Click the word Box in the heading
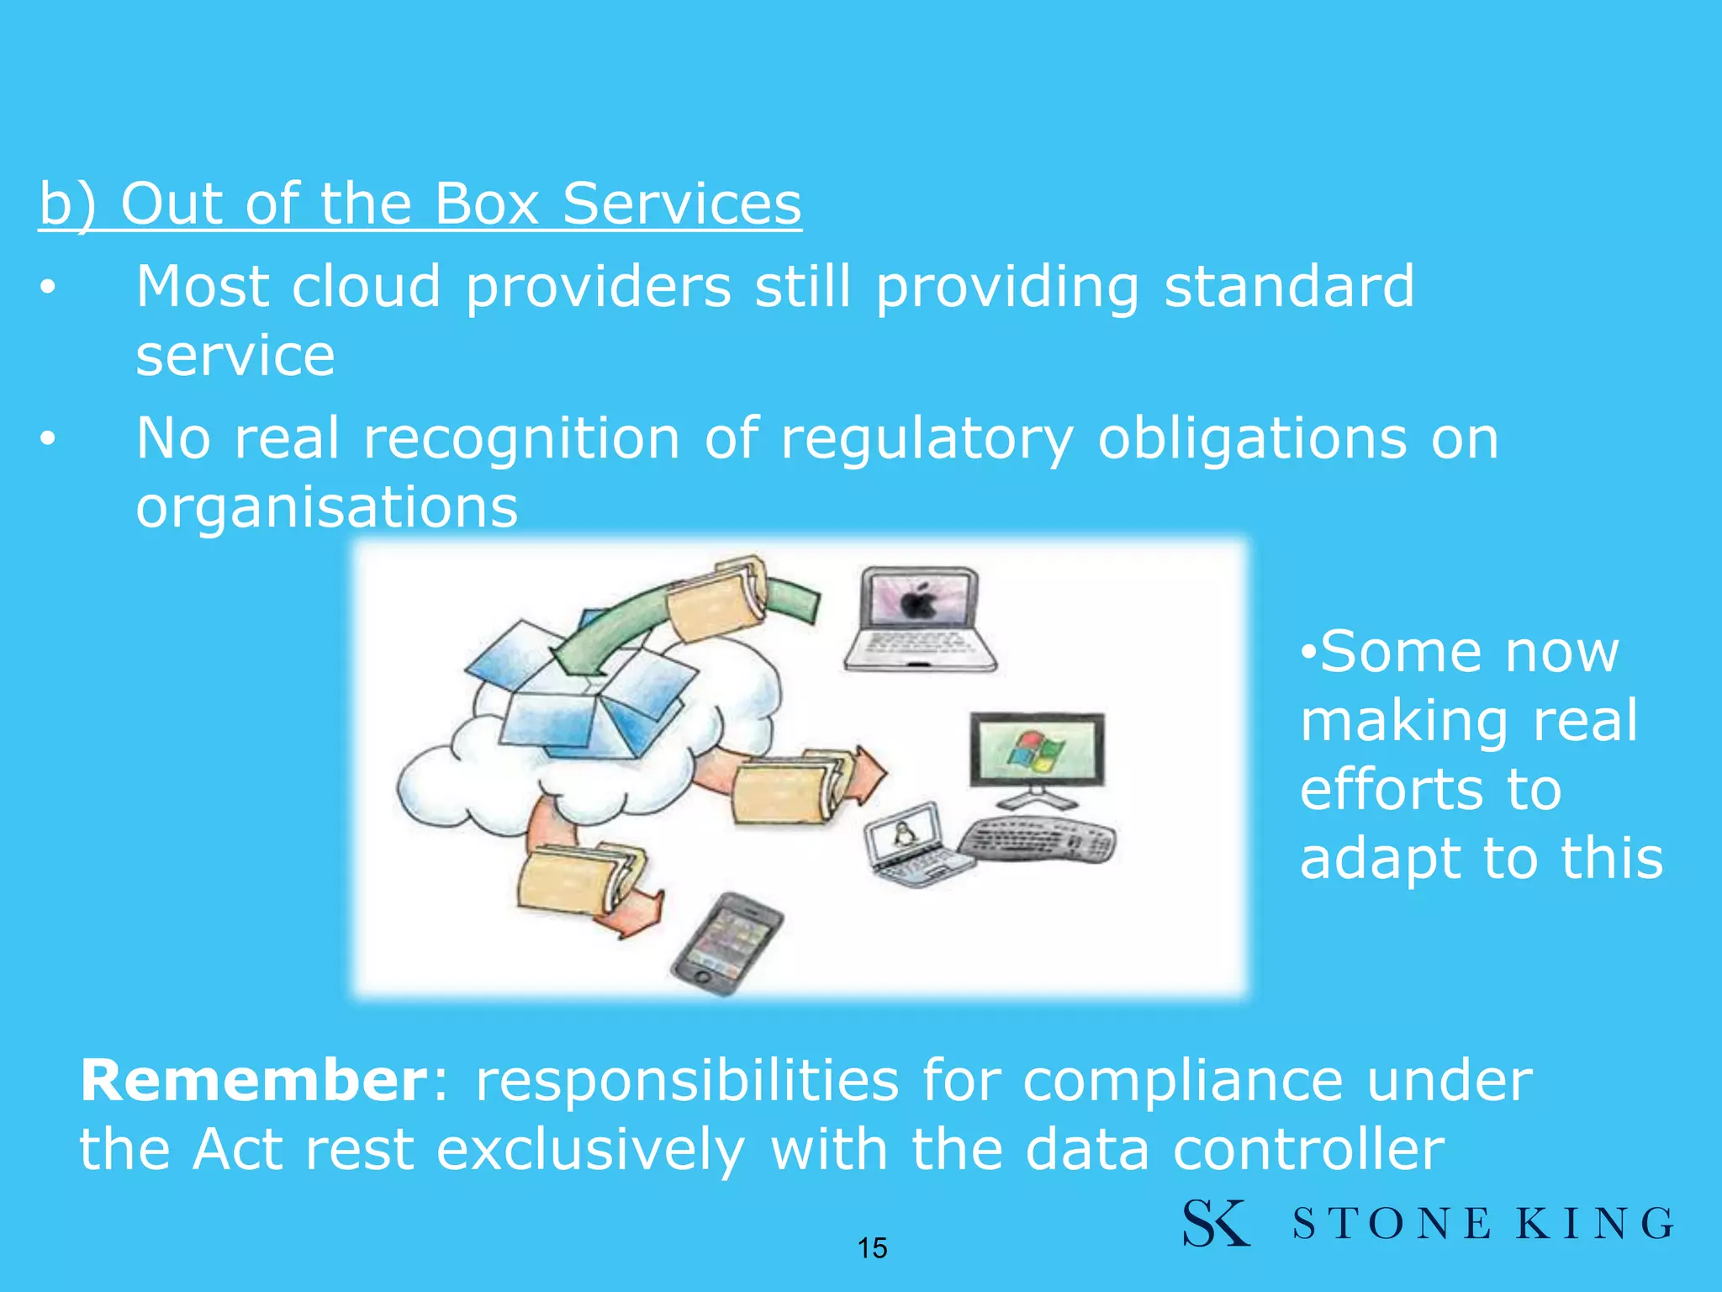[486, 204]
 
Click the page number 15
[872, 1248]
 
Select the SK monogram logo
[1215, 1223]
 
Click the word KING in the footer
[1594, 1224]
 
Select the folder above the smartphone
[580, 879]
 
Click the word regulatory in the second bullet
[927, 439]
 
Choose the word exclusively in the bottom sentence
[590, 1150]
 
